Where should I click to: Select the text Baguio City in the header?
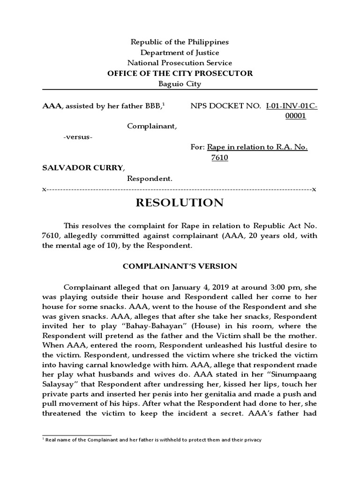[x=180, y=84]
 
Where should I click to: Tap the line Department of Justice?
[x=180, y=52]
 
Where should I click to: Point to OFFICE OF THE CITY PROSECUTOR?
[x=180, y=73]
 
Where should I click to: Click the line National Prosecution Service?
[x=180, y=63]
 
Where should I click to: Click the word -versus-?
[x=78, y=137]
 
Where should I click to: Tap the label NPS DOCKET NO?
[x=225, y=106]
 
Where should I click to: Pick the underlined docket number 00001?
[x=296, y=116]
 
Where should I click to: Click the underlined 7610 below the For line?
[x=219, y=158]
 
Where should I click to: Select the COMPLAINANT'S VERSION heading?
[x=180, y=266]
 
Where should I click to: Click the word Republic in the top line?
[x=146, y=42]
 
